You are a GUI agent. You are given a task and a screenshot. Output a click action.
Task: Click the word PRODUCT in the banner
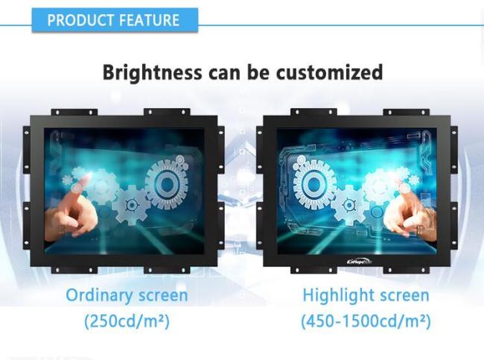click(x=80, y=20)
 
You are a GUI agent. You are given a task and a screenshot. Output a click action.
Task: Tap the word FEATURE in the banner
click(x=149, y=20)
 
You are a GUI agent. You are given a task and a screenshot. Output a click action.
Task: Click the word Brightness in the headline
click(x=152, y=72)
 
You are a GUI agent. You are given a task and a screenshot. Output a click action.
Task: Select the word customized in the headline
click(x=329, y=72)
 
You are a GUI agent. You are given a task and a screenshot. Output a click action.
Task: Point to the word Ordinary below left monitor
click(x=99, y=295)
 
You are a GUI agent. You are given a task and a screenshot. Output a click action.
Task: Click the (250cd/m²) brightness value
click(x=127, y=321)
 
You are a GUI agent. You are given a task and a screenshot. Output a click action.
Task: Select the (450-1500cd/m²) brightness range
click(x=366, y=321)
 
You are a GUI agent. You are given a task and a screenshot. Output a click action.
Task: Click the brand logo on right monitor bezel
click(x=359, y=262)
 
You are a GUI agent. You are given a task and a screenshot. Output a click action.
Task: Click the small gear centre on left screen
click(x=132, y=205)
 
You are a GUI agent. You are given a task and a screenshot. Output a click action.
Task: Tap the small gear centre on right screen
click(x=349, y=205)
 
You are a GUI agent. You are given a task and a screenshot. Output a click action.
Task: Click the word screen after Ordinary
click(x=163, y=296)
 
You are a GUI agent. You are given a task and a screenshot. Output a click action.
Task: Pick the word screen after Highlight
click(x=404, y=296)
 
